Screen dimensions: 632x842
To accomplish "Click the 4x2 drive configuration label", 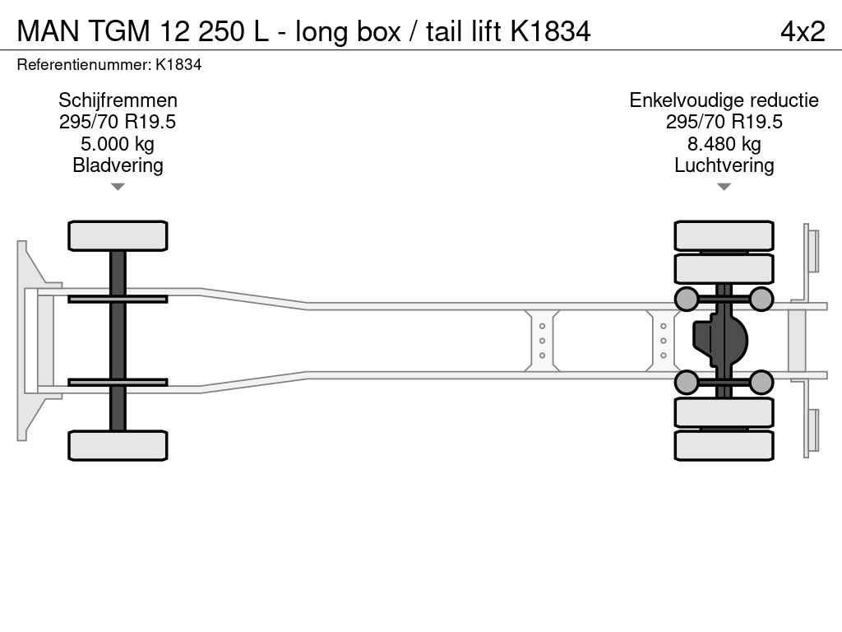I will tap(802, 30).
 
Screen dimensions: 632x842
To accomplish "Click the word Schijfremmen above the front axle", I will tap(118, 100).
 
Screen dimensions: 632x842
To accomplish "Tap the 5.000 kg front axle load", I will tap(118, 144).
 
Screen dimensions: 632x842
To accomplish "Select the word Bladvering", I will tap(118, 165).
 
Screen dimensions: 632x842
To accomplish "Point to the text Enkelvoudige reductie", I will tap(724, 100).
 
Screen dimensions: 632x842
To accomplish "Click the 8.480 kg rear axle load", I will tap(724, 144).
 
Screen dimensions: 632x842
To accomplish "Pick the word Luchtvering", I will tap(724, 165).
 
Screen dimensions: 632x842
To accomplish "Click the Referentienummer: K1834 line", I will tap(109, 65).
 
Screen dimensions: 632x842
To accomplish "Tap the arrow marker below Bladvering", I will tap(118, 187).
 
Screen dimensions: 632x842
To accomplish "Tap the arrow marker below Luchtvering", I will tap(724, 187).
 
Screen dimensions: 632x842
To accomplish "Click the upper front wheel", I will tap(118, 236).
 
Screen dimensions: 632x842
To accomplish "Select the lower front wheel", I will tap(118, 445).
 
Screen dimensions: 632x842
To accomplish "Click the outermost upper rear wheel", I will tap(724, 235).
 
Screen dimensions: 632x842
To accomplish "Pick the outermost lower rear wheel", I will tap(724, 445).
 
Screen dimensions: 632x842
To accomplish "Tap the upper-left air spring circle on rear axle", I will tap(687, 299).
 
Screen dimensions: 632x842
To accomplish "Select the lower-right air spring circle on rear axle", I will tap(761, 382).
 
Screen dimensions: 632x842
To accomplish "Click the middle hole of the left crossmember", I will tap(543, 341).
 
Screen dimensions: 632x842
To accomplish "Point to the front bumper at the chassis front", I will tap(29, 340).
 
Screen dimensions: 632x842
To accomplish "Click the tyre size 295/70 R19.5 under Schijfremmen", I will tap(118, 123).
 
